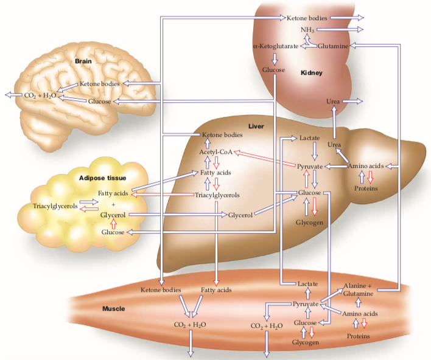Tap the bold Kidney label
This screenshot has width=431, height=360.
click(x=311, y=73)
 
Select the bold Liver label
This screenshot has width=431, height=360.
click(x=256, y=126)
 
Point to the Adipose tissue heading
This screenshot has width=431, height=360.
click(x=102, y=178)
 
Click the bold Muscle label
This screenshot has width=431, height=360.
click(x=114, y=309)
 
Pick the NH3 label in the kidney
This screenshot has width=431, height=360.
click(x=307, y=29)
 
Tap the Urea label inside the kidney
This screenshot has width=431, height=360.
click(x=333, y=101)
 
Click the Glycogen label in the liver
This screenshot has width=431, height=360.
click(x=309, y=223)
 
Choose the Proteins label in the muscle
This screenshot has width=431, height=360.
click(x=359, y=335)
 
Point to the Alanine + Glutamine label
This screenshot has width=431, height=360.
click(x=357, y=289)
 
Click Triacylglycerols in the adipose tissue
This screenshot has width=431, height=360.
click(x=55, y=206)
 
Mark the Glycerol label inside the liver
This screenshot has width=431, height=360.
click(x=240, y=215)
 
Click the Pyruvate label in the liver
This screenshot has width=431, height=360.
click(x=309, y=166)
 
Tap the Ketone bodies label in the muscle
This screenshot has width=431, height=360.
click(x=161, y=290)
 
